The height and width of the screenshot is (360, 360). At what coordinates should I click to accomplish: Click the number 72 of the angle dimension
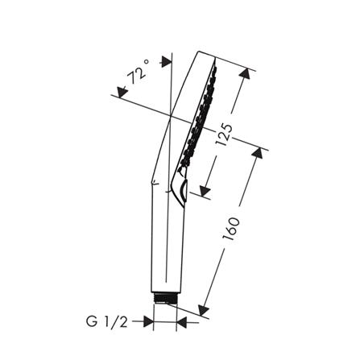point(135,78)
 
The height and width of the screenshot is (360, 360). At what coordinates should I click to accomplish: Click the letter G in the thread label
point(93,322)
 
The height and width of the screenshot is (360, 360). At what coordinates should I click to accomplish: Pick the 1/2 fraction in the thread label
point(116,322)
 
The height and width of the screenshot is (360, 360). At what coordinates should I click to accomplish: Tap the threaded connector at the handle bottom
point(165,296)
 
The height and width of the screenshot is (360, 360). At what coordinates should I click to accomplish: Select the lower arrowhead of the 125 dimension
point(205,190)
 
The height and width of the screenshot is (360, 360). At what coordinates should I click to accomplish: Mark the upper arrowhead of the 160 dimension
point(260,152)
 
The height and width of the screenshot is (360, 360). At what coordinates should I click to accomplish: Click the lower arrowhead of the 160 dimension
point(204,309)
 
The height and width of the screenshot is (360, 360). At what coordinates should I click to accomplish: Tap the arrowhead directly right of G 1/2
point(147,322)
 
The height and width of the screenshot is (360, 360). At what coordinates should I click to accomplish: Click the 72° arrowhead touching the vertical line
point(167,61)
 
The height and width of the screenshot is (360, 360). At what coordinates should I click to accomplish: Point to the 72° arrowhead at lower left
point(122,93)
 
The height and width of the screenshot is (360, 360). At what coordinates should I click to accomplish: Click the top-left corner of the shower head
point(197,53)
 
